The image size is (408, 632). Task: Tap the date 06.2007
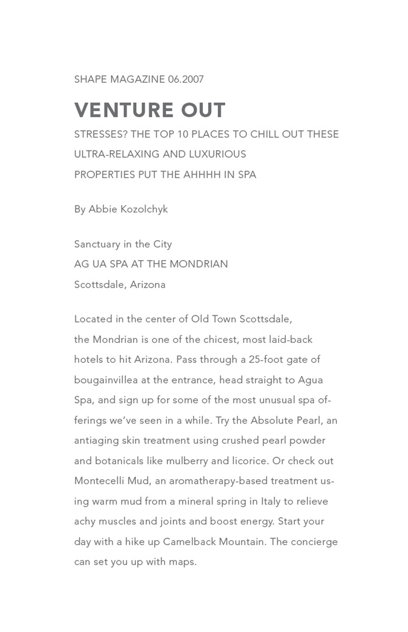click(186, 80)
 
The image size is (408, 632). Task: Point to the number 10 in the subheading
click(183, 134)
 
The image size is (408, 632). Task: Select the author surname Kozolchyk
click(144, 210)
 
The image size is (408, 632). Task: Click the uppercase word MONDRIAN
click(199, 264)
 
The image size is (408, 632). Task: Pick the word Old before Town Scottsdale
click(200, 319)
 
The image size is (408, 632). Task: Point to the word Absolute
click(272, 420)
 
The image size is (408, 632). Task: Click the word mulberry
click(187, 461)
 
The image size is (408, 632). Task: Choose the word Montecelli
click(99, 481)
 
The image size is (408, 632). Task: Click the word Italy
click(271, 501)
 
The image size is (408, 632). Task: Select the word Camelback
click(188, 542)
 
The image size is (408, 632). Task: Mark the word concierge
click(314, 542)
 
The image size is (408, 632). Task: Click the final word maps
click(182, 562)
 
